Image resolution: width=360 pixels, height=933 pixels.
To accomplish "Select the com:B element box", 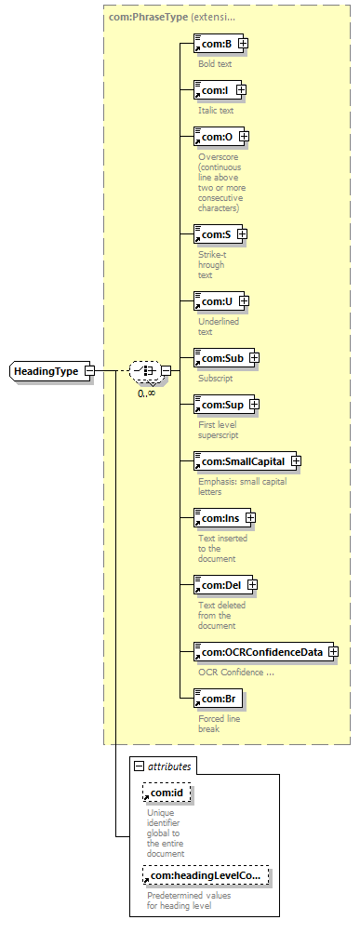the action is [x=219, y=44].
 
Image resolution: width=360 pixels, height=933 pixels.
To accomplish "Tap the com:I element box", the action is [x=218, y=90].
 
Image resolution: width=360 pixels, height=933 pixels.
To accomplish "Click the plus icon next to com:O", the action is [x=243, y=137].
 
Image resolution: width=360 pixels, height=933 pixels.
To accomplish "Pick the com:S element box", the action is [x=219, y=234].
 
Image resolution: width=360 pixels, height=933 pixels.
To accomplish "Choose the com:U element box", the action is [x=219, y=301].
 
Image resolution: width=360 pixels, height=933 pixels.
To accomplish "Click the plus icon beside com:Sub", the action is [x=254, y=358].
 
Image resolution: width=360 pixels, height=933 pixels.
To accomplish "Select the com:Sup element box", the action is [x=224, y=405].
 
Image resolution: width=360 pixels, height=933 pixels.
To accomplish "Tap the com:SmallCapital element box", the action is [x=245, y=461].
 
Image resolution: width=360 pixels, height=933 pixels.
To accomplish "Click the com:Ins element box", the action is [x=222, y=518].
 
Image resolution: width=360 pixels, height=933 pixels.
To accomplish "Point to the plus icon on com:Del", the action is [x=252, y=585].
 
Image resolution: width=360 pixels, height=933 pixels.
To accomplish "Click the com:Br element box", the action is [x=218, y=699].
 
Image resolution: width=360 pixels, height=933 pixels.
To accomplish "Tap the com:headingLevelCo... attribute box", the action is [x=206, y=875].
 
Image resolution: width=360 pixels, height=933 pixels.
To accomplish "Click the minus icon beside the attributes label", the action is [x=140, y=766].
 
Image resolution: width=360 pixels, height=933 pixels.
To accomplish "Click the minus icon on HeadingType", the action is [x=89, y=371].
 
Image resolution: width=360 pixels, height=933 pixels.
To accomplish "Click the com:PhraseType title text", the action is [x=148, y=17].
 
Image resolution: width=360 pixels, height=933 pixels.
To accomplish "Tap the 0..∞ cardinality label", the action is [x=146, y=393].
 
